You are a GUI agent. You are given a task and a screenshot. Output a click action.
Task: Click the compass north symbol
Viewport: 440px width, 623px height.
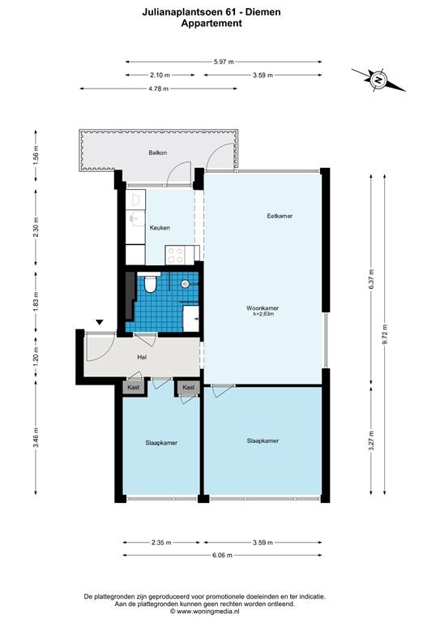point(378,79)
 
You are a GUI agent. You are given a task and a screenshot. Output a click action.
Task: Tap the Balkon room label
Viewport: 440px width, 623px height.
point(158,153)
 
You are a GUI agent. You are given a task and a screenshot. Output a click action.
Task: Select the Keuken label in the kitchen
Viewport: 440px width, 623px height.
point(160,228)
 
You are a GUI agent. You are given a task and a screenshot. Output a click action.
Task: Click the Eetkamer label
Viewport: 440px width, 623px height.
point(280,216)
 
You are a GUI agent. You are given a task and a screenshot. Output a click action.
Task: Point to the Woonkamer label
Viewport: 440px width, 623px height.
point(263,308)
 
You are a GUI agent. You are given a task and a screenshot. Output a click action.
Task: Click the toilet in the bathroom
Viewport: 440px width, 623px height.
point(150,283)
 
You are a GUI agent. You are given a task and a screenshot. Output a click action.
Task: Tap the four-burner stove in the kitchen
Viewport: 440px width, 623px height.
point(175,255)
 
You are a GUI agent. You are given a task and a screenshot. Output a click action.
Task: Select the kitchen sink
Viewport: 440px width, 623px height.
point(138,218)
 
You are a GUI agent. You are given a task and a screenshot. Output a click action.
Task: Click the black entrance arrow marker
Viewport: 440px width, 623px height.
point(99,322)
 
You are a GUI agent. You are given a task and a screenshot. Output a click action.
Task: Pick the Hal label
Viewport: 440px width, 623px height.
point(142,357)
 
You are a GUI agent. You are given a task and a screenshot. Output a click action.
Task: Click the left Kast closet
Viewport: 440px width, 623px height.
point(134,387)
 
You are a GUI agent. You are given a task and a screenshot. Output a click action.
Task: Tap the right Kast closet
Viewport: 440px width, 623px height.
point(189,387)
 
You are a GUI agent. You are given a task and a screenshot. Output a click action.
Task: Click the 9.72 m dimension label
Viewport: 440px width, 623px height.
point(384,334)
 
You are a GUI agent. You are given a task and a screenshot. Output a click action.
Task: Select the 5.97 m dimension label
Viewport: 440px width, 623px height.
point(224,62)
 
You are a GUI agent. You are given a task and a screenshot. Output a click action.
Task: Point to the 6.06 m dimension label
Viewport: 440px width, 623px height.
point(222,555)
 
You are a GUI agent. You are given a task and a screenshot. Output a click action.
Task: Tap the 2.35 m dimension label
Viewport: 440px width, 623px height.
point(161,543)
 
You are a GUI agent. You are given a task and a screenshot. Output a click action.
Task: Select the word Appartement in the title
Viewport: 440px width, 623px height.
point(211,24)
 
